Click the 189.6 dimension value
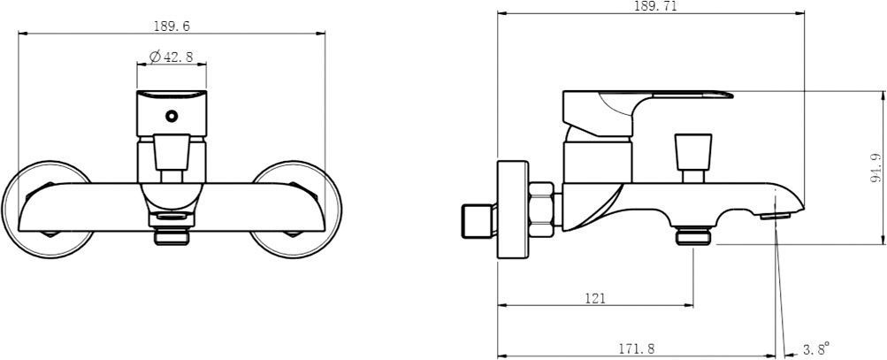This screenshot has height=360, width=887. coord(172,26)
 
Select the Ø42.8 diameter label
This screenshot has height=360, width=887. coord(171,57)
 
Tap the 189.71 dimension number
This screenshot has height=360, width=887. coord(655,6)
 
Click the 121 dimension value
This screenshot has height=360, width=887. coord(595,298)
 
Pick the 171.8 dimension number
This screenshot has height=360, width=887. coord(636,349)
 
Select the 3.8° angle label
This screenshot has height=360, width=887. coord(815,347)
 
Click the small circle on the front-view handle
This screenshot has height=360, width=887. coord(171,116)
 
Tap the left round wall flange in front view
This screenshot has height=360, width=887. coord(48,210)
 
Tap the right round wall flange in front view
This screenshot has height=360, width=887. coord(295,210)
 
